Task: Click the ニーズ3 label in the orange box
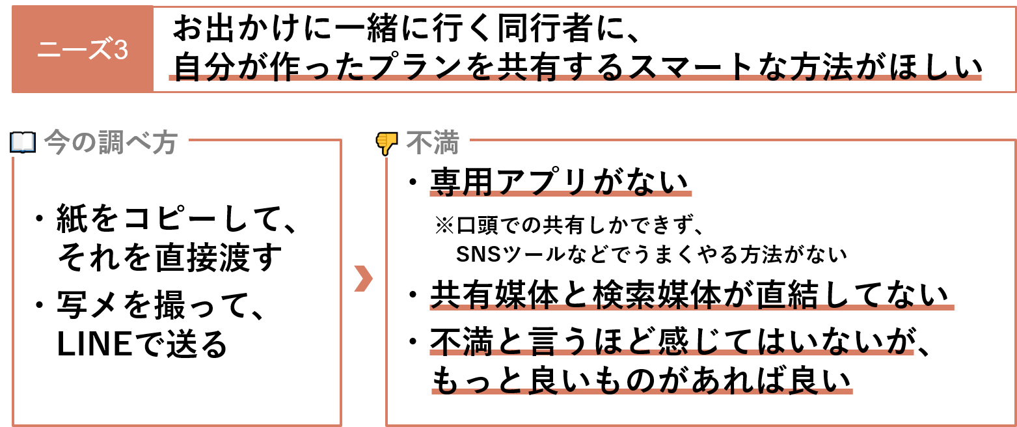tap(82, 49)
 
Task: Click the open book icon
tap(23, 142)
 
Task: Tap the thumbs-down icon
tap(386, 143)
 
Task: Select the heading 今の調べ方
tap(111, 142)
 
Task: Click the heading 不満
tap(433, 142)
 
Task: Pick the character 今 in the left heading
tap(57, 142)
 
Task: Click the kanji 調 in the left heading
tap(111, 142)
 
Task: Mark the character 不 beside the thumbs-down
tap(419, 142)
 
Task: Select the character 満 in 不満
tap(446, 142)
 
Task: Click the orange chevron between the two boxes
tap(362, 278)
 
